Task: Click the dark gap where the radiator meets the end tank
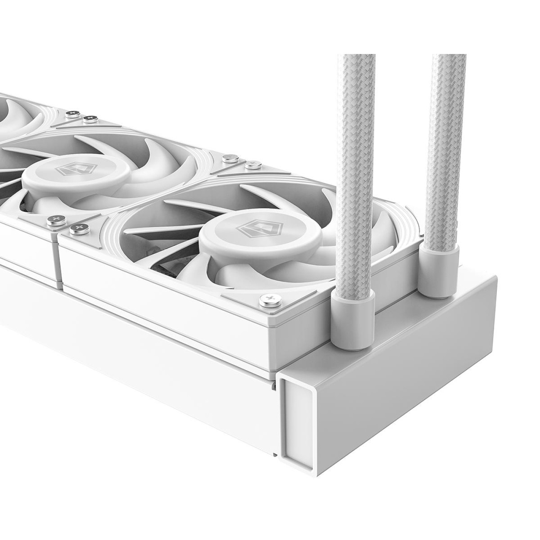[x=275, y=386]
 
